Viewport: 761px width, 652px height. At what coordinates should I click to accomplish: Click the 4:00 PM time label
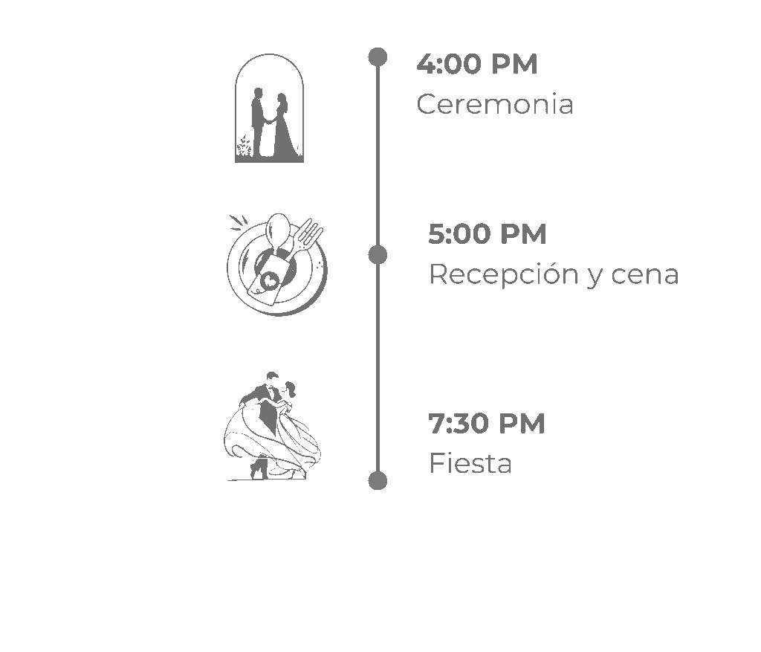476,65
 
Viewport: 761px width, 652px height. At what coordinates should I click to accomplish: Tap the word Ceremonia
495,105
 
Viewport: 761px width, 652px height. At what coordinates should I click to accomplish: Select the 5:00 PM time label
487,235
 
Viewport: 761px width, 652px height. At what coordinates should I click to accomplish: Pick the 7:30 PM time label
487,425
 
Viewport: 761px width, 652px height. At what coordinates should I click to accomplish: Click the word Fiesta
470,464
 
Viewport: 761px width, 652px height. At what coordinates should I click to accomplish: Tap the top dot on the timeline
378,57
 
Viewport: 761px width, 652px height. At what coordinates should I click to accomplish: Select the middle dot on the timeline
378,255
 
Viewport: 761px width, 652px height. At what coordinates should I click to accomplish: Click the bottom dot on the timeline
378,480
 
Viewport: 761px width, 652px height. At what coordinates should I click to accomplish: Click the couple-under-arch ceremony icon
269,109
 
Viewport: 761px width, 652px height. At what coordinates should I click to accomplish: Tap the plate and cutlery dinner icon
276,265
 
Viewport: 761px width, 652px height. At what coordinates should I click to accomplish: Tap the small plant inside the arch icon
244,146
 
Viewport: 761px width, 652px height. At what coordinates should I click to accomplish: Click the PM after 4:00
514,65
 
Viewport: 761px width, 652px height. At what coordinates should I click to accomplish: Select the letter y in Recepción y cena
594,277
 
